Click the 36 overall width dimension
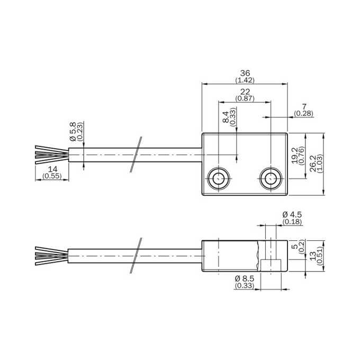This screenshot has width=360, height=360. point(245,73)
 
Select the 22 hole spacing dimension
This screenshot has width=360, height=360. point(245,92)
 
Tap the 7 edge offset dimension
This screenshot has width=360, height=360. point(304,107)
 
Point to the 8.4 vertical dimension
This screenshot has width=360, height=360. point(226,117)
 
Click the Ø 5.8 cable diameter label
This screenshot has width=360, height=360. point(73,131)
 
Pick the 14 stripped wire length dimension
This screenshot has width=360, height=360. point(52,169)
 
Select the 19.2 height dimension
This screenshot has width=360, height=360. point(295,156)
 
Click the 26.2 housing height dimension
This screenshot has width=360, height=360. point(313,163)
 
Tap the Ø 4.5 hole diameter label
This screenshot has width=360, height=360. point(292,215)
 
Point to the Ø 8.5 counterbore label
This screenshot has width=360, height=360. point(245,278)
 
